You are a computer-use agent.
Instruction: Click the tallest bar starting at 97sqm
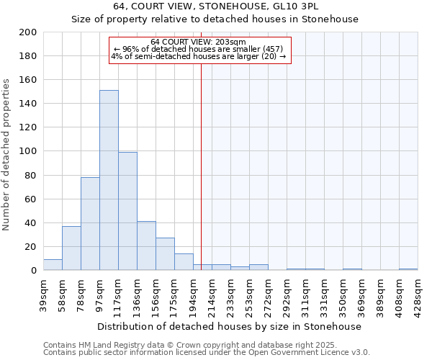pos(109,180)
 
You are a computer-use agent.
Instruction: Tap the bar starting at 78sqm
pos(90,223)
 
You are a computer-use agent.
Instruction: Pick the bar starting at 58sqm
pos(71,248)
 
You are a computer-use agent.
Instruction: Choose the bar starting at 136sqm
pos(146,246)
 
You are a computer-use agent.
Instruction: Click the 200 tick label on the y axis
pos(28,32)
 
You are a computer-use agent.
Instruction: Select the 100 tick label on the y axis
pos(28,151)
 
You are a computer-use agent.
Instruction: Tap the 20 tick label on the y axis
pos(31,246)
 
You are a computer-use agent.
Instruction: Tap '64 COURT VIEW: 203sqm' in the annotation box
pos(199,42)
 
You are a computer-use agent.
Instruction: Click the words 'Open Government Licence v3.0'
pos(314,353)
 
